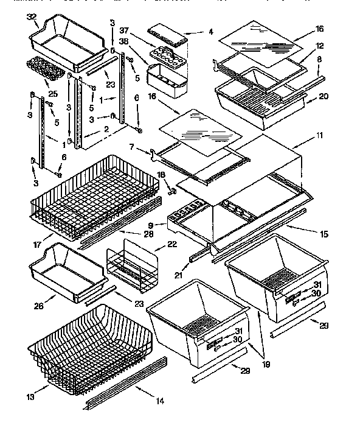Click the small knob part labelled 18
(x=171, y=191)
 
